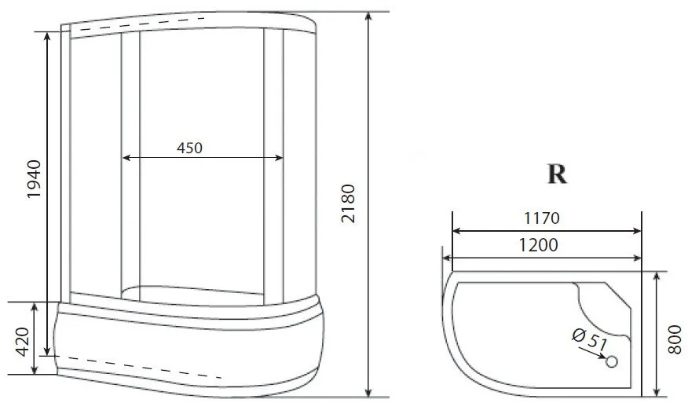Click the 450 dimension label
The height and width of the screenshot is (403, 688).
pos(189,148)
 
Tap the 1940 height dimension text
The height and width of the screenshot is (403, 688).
pos(34,179)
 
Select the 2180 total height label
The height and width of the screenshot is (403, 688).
pos(348,203)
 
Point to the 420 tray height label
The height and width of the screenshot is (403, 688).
pos(21,342)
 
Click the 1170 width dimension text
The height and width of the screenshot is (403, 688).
pos(541,218)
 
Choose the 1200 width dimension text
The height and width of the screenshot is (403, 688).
pos(538,245)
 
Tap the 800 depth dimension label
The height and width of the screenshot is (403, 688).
pos(675,339)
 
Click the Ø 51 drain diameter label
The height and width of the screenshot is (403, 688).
pos(590,338)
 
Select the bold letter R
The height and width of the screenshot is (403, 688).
pos(558,174)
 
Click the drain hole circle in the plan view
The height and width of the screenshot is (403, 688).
pos(612,361)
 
